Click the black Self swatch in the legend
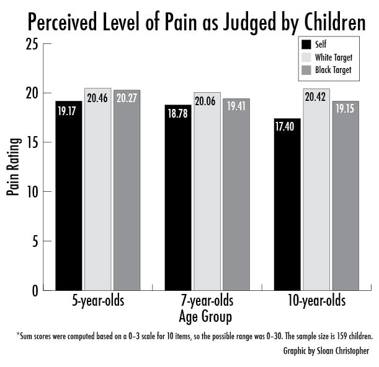click(306, 45)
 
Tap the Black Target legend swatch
click(306, 70)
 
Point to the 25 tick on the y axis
click(32, 45)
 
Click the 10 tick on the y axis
click(32, 192)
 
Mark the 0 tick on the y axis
click(35, 290)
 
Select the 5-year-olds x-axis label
click(97, 303)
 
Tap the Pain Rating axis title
click(12, 167)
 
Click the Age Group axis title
click(206, 317)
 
